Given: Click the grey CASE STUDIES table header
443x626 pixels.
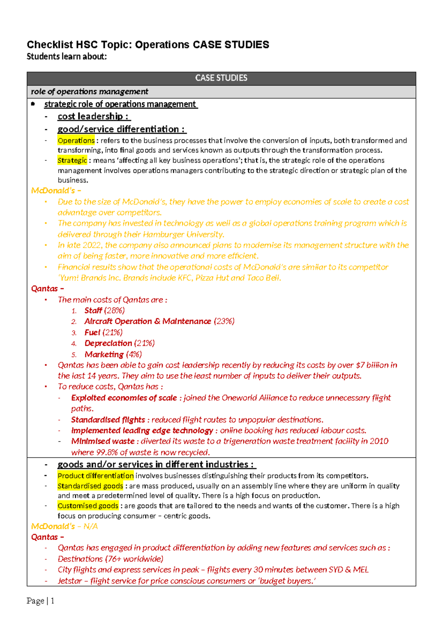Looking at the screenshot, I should [x=221, y=78].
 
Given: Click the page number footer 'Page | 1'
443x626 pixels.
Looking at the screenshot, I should [x=41, y=601].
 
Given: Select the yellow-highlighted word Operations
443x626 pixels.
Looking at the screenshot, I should [x=76, y=141].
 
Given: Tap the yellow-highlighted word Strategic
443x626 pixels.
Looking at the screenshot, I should [x=72, y=161].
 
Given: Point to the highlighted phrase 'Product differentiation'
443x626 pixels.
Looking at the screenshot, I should [x=96, y=476].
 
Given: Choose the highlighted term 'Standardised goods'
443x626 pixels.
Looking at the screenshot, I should [x=90, y=486].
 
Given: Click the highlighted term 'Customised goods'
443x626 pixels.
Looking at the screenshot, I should [x=88, y=506].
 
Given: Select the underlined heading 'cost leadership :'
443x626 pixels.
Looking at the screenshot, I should [x=94, y=117].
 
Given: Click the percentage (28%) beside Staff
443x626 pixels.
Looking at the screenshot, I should [x=114, y=310].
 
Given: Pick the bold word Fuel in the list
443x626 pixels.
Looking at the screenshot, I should [x=92, y=333].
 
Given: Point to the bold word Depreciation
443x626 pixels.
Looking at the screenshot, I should [x=108, y=343].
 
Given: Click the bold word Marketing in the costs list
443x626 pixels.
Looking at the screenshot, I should [x=104, y=354].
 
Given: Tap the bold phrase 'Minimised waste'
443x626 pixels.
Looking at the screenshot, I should [x=103, y=441].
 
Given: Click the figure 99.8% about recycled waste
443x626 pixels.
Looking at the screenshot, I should [x=107, y=453].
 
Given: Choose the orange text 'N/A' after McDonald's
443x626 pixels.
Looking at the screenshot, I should [x=90, y=526].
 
